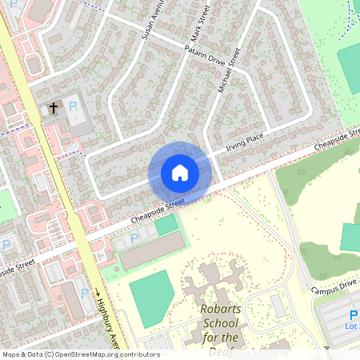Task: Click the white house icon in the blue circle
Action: pyautogui.click(x=180, y=173)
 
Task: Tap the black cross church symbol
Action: pyautogui.click(x=54, y=107)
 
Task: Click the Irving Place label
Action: pyautogui.click(x=245, y=142)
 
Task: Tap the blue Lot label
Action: pyautogui.click(x=350, y=326)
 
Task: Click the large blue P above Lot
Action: pyautogui.click(x=353, y=315)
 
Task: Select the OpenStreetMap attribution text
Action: pyautogui.click(x=80, y=354)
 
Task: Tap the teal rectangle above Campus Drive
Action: pyautogui.click(x=350, y=237)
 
